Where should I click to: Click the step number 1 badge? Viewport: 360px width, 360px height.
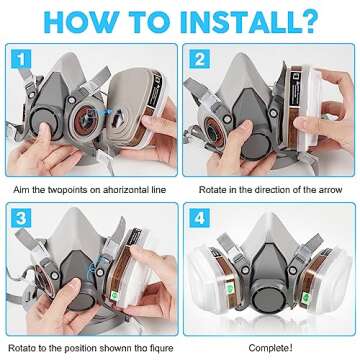(x=21, y=59)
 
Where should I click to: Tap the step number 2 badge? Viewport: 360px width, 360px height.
(x=200, y=59)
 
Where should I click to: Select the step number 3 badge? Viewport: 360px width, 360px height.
(x=21, y=218)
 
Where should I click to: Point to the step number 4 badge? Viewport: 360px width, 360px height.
(x=200, y=218)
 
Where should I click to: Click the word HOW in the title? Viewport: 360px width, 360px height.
(x=81, y=22)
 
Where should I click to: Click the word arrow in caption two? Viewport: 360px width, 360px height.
(x=329, y=190)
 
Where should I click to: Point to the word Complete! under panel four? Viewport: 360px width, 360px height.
(x=271, y=348)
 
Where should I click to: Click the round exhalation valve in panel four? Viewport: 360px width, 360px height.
(x=268, y=296)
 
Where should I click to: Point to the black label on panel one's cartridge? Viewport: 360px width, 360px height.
(x=156, y=89)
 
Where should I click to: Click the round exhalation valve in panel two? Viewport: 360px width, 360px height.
(x=257, y=147)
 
